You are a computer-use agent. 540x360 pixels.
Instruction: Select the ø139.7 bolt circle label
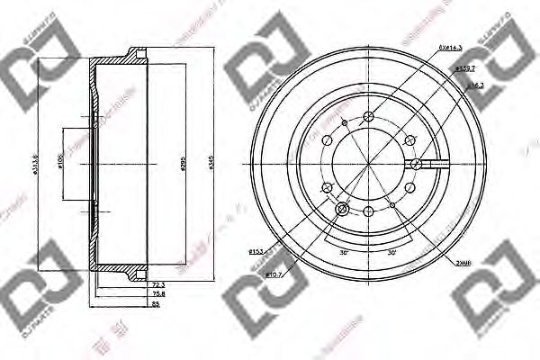tap(464, 68)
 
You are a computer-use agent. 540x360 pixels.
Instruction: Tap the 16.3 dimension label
tap(475, 85)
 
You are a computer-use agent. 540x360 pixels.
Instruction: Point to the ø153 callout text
tap(255, 250)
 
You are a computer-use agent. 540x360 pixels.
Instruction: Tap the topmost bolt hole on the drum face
tap(369, 116)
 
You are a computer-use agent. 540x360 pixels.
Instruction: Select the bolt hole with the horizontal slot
tap(418, 164)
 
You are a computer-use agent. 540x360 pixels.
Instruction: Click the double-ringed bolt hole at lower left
tap(343, 210)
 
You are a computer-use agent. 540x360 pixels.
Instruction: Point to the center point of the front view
tap(369, 164)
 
